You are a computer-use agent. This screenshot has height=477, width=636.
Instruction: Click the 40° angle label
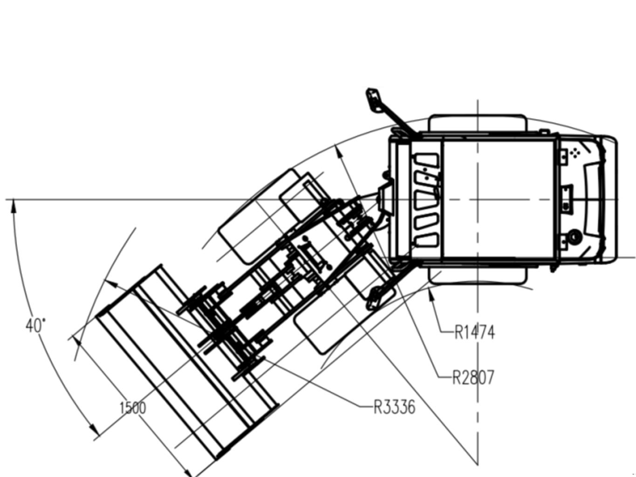click(35, 326)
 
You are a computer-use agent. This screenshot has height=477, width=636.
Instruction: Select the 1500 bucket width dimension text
click(133, 408)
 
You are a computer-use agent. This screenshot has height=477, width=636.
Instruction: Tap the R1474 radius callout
click(475, 333)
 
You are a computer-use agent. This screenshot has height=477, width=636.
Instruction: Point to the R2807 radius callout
click(473, 378)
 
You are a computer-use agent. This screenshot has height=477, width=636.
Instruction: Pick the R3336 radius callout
click(395, 407)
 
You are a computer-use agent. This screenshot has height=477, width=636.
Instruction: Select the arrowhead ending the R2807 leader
click(339, 152)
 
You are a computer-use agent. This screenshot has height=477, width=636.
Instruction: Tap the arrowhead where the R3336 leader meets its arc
click(111, 284)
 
